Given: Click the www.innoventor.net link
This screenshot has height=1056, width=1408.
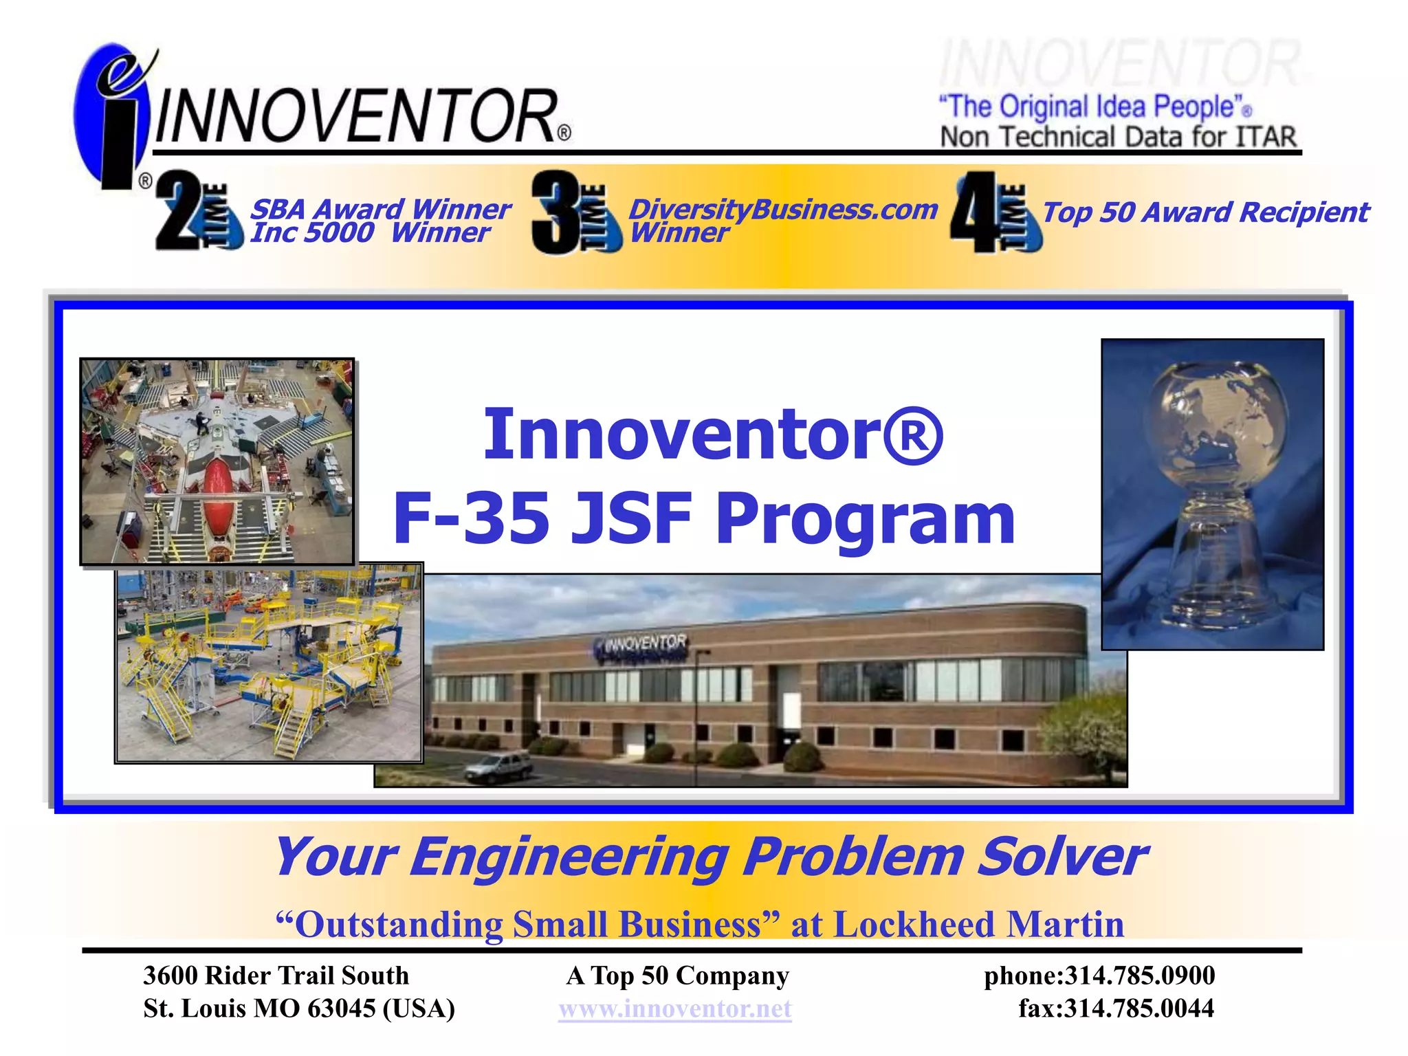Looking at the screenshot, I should point(675,1009).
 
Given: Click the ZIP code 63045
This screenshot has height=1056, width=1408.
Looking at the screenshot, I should point(342,1009).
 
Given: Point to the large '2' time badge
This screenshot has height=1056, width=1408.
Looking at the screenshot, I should point(180,210).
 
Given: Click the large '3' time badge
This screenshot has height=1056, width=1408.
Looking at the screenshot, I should point(558,212).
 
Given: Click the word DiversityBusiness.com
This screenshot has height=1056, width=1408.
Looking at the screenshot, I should point(783,209).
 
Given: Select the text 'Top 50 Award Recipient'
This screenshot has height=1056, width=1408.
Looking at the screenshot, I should point(1205,212).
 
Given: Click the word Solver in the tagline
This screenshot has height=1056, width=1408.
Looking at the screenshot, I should point(1061,857).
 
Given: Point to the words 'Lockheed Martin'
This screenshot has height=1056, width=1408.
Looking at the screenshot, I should point(979,925).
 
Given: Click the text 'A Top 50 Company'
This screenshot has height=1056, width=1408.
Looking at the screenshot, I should point(677,976).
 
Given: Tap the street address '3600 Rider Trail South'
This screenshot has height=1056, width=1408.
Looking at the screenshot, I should point(276,976).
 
